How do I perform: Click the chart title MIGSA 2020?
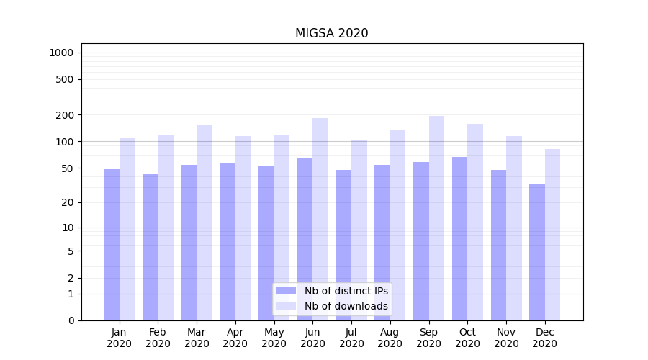331,33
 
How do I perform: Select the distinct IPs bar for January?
112,245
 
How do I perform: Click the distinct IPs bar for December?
537,252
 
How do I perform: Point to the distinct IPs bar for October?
459,238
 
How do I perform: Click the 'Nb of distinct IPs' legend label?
346,291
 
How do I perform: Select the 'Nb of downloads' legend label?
346,306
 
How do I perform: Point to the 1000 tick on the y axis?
61,53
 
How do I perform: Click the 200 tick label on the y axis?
65,115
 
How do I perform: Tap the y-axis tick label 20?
68,202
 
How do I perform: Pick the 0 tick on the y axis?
71,320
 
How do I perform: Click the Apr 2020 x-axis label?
235,338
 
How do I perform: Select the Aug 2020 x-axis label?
390,338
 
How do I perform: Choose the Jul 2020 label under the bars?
351,338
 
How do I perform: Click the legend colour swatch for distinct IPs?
287,291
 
